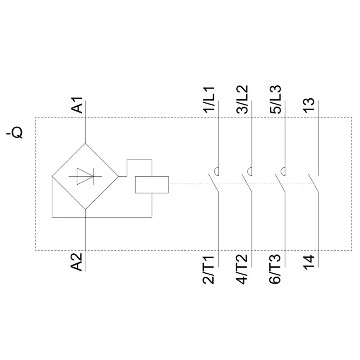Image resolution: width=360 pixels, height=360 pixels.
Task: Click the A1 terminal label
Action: click(77, 105)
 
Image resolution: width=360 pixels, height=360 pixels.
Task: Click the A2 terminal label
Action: click(77, 262)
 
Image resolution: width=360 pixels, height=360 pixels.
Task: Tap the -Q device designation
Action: click(15, 132)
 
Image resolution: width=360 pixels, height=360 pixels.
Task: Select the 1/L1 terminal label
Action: click(209, 100)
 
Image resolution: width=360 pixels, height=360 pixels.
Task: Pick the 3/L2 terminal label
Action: click(242, 100)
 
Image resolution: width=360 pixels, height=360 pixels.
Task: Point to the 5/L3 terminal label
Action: click(276, 100)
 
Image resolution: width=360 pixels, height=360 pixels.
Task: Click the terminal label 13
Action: click(309, 105)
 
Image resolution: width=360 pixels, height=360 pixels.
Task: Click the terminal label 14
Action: click(309, 262)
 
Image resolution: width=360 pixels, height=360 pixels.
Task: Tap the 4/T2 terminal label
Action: click(242, 269)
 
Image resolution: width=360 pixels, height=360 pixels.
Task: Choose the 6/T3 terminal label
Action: click(275, 269)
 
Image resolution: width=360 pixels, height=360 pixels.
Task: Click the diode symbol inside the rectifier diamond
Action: click(86, 176)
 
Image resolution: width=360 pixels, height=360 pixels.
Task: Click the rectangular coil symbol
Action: click(152, 185)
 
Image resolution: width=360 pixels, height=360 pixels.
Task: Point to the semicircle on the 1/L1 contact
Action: click(216, 172)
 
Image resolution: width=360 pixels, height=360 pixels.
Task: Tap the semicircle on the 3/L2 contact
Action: click(249, 172)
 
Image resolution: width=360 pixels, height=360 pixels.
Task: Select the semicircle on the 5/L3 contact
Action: click(283, 172)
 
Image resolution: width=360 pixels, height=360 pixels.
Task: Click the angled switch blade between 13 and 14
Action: click(313, 183)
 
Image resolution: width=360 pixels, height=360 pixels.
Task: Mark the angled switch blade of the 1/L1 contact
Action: click(213, 183)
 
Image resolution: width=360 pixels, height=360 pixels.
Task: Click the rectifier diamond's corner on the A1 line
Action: click(86, 143)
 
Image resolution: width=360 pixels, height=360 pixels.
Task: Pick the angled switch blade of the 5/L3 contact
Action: click(280, 183)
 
